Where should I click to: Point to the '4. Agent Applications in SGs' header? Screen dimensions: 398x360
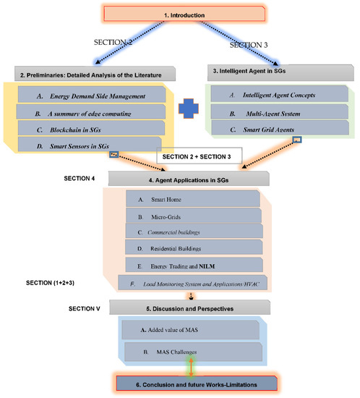click(x=188, y=178)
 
